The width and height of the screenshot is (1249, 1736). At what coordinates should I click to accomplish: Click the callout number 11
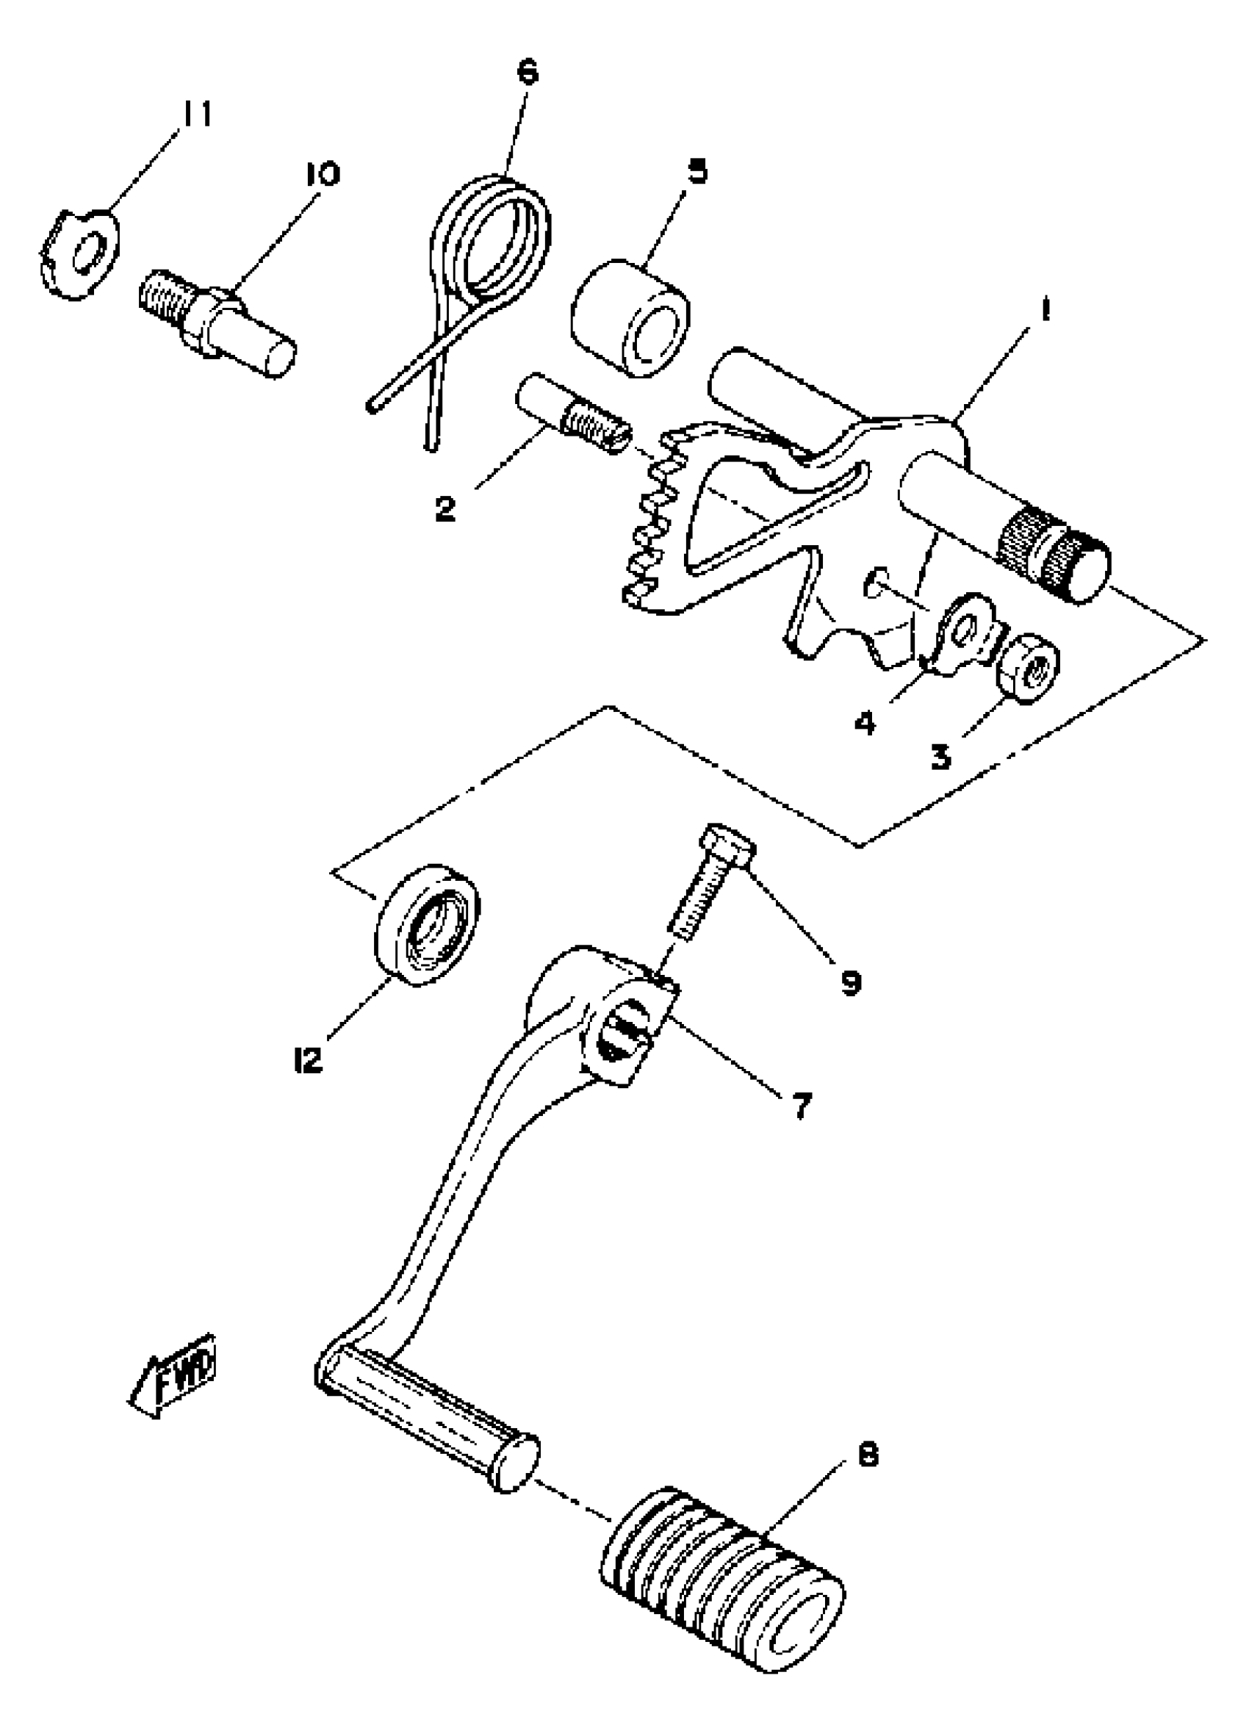(196, 114)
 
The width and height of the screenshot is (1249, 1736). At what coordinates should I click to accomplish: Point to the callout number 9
(851, 982)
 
